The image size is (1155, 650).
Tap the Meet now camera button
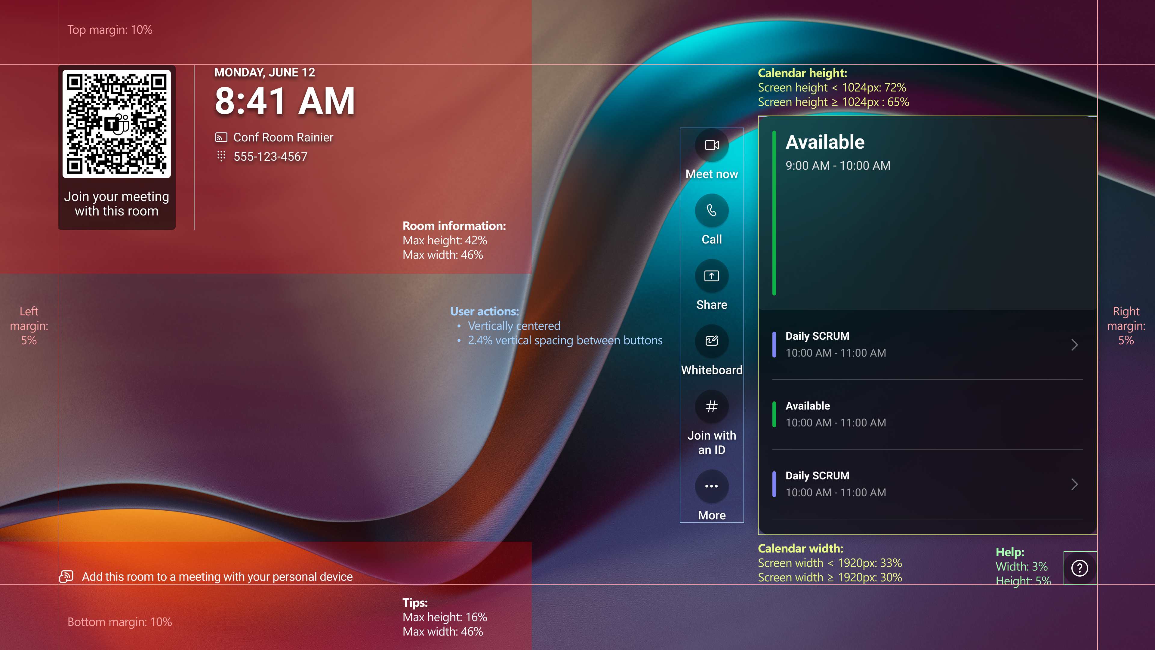(x=712, y=145)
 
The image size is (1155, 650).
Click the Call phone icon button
(x=712, y=210)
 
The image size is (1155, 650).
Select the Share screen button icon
(x=712, y=276)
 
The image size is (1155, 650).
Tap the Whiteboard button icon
(x=712, y=341)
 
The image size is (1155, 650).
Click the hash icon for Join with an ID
(x=712, y=407)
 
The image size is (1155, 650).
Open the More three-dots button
(x=712, y=486)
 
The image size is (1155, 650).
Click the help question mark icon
(x=1080, y=568)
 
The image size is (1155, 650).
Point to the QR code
(x=117, y=123)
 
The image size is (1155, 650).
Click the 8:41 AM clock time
(x=285, y=101)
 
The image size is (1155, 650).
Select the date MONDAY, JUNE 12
(x=265, y=72)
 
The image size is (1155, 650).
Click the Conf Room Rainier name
(x=283, y=137)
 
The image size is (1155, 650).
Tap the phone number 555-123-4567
(x=270, y=156)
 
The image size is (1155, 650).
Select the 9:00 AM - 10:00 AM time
(x=838, y=166)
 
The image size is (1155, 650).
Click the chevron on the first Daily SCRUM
(x=1075, y=345)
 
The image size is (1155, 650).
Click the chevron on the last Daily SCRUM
(x=1075, y=484)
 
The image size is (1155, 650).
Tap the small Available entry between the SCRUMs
(x=808, y=406)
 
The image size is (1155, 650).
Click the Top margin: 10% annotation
(x=110, y=29)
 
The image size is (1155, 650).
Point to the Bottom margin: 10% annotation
(x=120, y=622)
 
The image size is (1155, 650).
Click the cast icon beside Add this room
(x=66, y=577)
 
